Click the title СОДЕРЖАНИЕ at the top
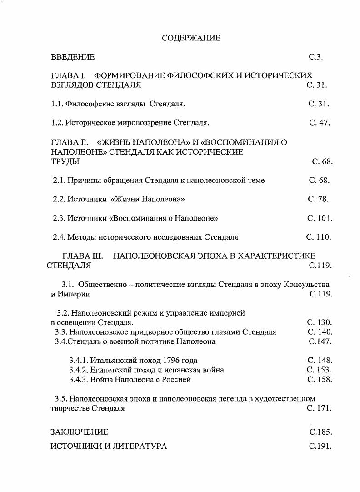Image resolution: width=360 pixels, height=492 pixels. (191, 38)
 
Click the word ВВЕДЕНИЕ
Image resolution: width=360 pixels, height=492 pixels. (73, 57)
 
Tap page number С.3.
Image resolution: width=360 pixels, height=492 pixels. (315, 57)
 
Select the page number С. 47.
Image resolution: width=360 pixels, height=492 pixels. (320, 122)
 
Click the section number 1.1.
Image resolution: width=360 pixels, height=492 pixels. (57, 104)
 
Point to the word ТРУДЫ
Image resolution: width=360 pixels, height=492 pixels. (65, 161)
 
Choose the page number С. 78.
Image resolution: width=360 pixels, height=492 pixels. (318, 199)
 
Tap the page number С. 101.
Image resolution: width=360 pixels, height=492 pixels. (320, 218)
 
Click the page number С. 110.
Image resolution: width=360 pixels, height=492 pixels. (319, 237)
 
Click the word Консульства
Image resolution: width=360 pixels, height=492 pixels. (306, 285)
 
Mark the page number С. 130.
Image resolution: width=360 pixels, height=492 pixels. (320, 322)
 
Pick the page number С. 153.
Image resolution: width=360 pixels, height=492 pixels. (319, 370)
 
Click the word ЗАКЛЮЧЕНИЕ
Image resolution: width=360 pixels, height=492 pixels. (79, 432)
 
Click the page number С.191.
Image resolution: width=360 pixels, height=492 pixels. (320, 446)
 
